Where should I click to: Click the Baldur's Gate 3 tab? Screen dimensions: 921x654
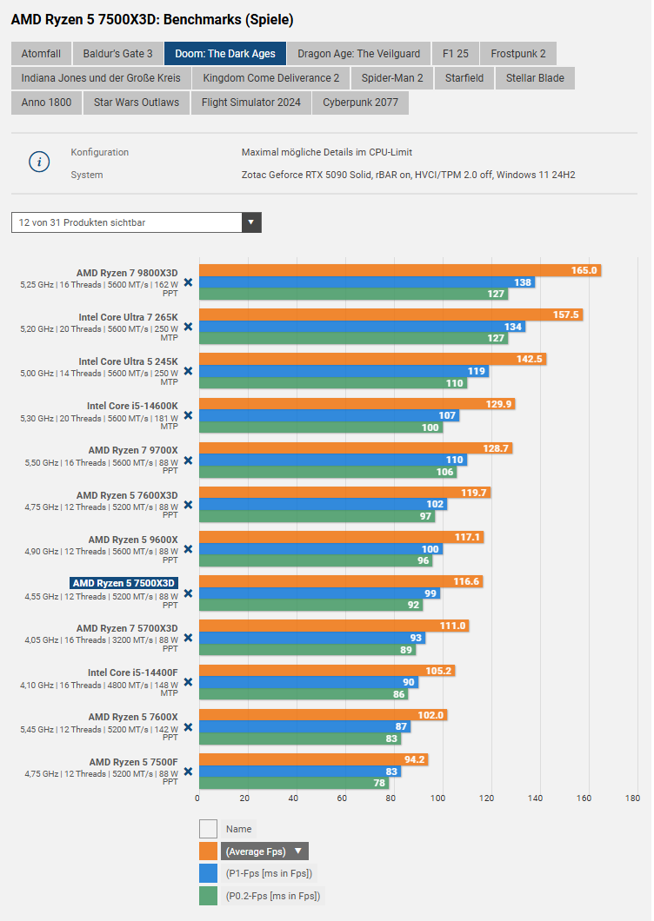(x=117, y=54)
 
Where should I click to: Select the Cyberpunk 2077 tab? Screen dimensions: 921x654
(x=360, y=103)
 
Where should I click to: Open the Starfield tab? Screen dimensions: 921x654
(x=464, y=78)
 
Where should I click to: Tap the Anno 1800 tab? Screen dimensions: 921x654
(x=47, y=103)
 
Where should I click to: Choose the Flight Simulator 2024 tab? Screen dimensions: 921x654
(x=250, y=103)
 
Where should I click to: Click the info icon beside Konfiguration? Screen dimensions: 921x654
(x=39, y=162)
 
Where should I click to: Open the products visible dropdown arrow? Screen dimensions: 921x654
(x=251, y=222)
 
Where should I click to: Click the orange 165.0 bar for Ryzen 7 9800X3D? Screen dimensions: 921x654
(x=400, y=270)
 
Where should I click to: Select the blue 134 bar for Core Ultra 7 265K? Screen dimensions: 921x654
(x=362, y=327)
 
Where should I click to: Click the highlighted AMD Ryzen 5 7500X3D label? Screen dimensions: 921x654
(x=124, y=583)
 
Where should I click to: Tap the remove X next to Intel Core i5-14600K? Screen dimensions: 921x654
(x=188, y=415)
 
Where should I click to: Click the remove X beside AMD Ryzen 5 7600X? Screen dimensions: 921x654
(x=188, y=727)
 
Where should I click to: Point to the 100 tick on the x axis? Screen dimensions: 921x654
(x=438, y=798)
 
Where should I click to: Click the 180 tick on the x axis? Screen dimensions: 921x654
(x=632, y=798)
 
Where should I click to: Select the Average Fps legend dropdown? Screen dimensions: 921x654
(x=265, y=851)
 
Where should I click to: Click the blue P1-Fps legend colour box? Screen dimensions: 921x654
(x=208, y=873)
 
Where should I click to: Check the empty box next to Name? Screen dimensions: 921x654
(x=208, y=829)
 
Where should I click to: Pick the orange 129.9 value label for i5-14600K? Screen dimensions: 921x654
(x=497, y=404)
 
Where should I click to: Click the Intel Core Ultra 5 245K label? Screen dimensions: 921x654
(x=128, y=361)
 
